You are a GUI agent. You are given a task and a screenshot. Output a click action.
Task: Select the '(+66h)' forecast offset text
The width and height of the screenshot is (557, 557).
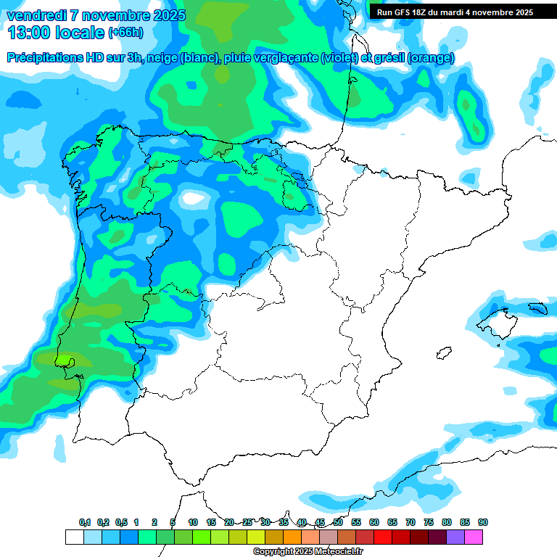(125, 33)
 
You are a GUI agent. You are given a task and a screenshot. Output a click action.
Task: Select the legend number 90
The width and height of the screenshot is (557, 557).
(483, 522)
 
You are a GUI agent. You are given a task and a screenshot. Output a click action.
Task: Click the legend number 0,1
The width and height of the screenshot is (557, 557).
(84, 522)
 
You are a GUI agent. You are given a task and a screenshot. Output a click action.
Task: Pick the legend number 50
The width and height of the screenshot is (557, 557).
(338, 522)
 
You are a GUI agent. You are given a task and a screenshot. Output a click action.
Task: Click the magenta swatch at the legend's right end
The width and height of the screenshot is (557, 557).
(474, 537)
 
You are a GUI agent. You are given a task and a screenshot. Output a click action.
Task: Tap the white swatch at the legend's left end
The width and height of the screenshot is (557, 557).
(74, 537)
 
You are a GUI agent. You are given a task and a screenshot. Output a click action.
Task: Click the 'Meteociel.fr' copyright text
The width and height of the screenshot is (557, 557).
(343, 552)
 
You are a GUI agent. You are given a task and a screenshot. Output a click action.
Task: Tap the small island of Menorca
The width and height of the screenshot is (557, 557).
(537, 308)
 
